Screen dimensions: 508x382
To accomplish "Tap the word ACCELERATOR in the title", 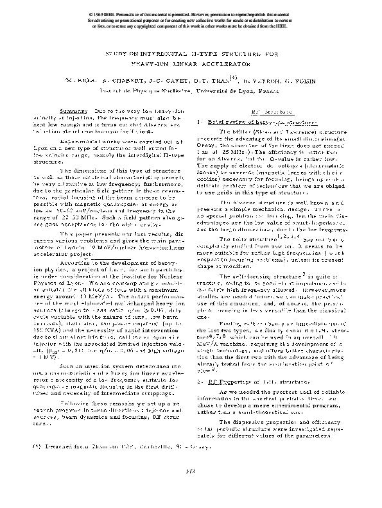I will coord(225,65).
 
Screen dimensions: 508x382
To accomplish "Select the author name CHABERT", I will coord(138,81).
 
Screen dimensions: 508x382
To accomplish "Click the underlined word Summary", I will coord(67,112).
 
